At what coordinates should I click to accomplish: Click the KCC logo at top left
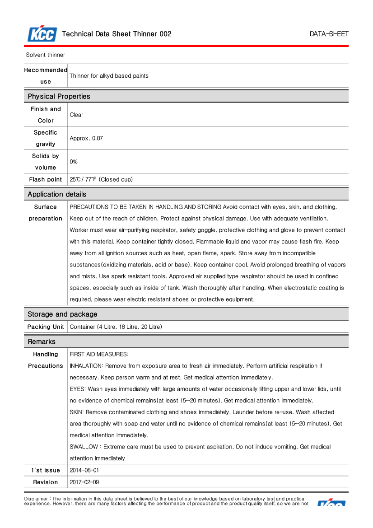(x=42, y=34)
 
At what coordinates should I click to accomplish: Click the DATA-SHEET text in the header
(x=329, y=34)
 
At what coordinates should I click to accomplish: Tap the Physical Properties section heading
(x=59, y=97)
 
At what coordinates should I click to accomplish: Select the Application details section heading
(x=57, y=195)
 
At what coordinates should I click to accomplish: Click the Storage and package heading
(x=62, y=314)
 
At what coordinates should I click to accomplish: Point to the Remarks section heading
(x=42, y=342)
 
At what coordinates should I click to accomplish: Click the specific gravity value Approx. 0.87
(x=86, y=139)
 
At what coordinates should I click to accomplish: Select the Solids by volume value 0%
(x=74, y=162)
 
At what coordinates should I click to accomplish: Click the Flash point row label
(x=46, y=180)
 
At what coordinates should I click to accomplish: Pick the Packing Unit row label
(x=46, y=327)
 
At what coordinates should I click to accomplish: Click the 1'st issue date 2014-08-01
(x=84, y=471)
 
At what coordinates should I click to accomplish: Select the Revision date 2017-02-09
(x=84, y=482)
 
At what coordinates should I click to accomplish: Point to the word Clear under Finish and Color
(x=76, y=115)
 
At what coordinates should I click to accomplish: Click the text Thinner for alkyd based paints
(x=109, y=76)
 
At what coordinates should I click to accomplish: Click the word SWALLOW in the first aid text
(x=84, y=447)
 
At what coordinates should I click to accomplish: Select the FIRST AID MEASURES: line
(x=99, y=355)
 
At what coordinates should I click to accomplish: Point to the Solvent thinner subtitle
(x=46, y=55)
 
